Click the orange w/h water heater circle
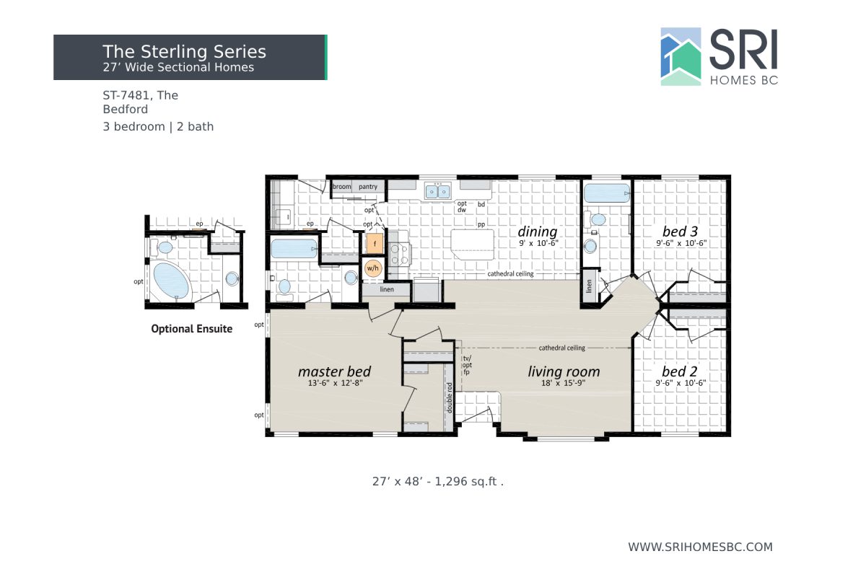click(x=372, y=268)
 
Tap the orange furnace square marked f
click(x=373, y=243)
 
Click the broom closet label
click(x=341, y=187)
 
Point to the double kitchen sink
click(x=437, y=191)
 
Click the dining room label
click(x=538, y=232)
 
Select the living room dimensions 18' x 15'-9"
click(x=564, y=384)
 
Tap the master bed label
click(x=334, y=371)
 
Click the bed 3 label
click(x=680, y=232)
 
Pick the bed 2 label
click(x=680, y=371)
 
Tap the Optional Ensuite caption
click(x=191, y=329)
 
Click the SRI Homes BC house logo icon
click(x=681, y=57)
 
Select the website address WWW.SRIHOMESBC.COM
click(x=700, y=547)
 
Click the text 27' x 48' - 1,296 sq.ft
click(x=437, y=481)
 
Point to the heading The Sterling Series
click(x=184, y=51)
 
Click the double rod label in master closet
click(x=449, y=396)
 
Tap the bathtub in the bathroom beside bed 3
click(x=606, y=193)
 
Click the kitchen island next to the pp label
click(x=473, y=244)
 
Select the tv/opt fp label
click(x=467, y=365)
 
